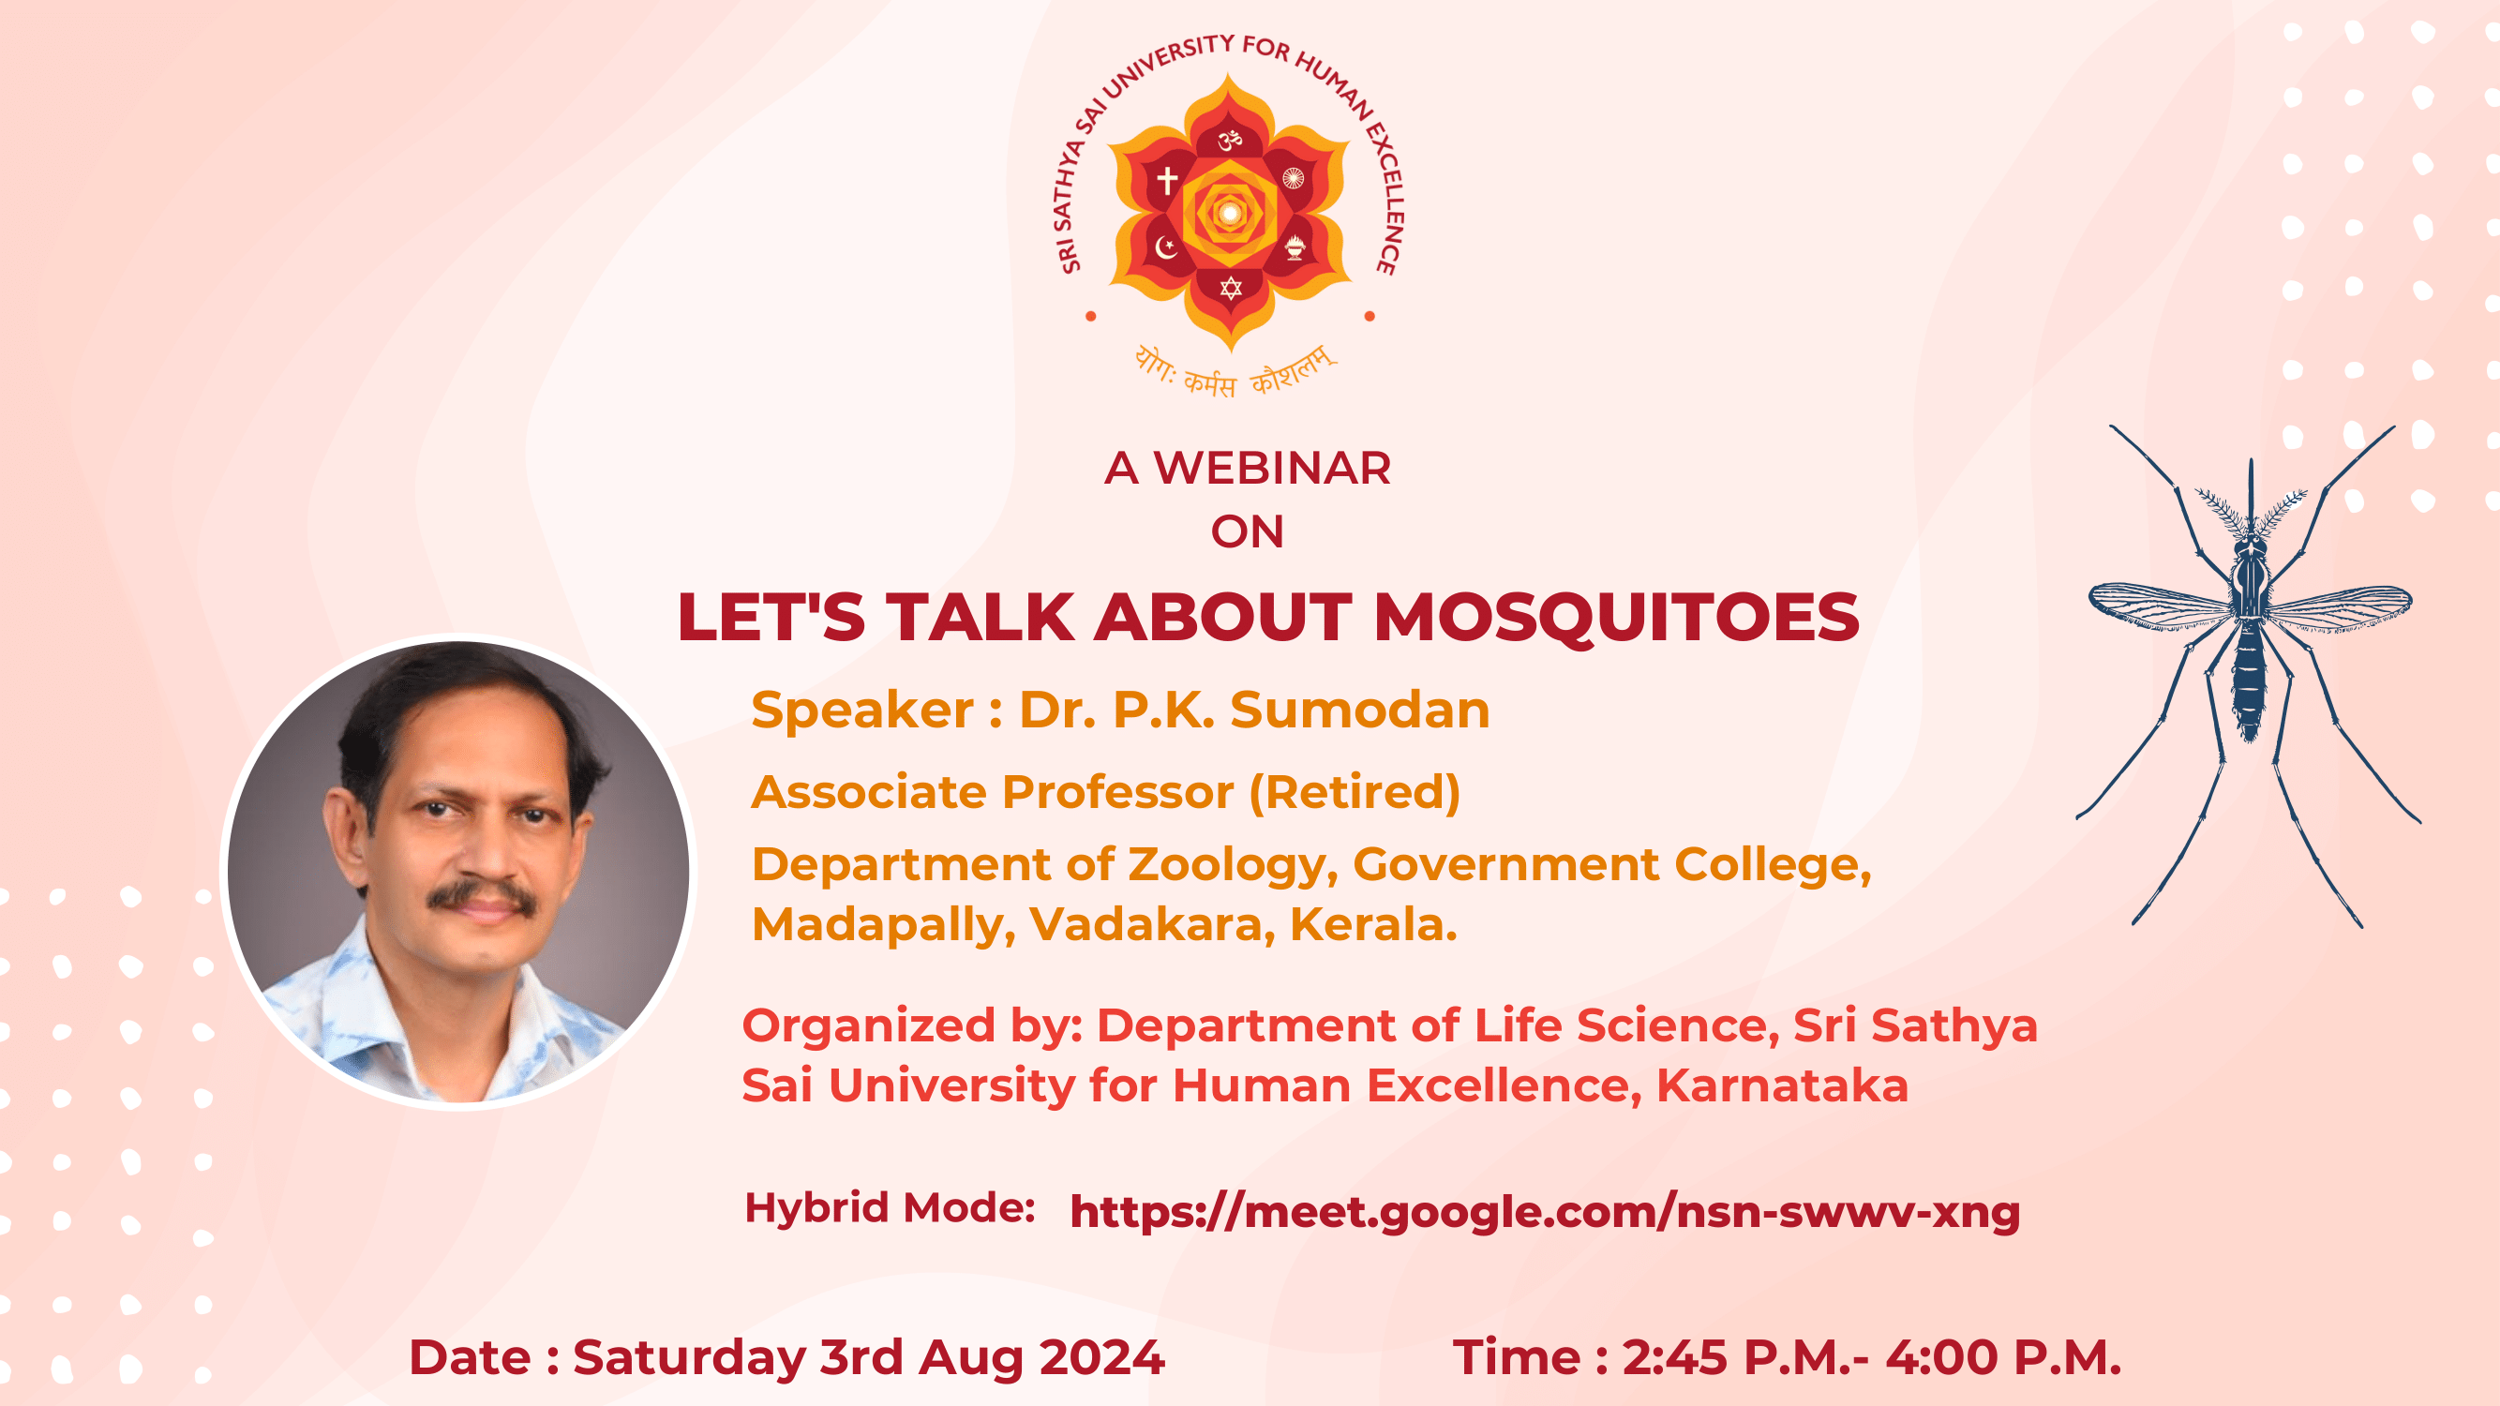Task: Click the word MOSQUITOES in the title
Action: click(x=1616, y=617)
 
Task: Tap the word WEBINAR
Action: click(x=1272, y=469)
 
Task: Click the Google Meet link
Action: click(x=1545, y=1212)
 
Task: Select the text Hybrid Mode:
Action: click(x=889, y=1208)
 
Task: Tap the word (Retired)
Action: click(x=1355, y=793)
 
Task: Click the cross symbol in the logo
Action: click(x=1167, y=180)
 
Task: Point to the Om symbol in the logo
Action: click(x=1231, y=141)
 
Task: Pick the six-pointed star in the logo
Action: click(x=1231, y=288)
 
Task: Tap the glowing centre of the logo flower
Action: click(x=1230, y=213)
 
